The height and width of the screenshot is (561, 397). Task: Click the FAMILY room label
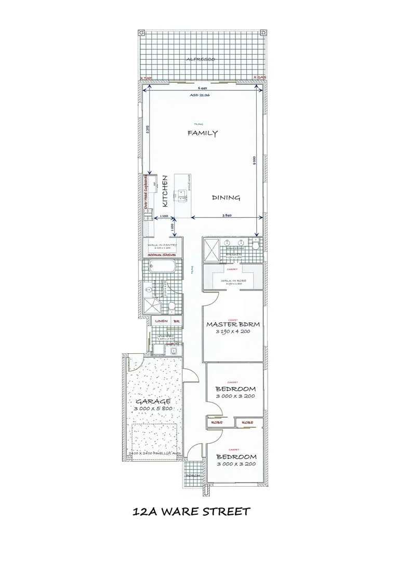(203, 133)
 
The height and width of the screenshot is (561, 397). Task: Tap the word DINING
(226, 197)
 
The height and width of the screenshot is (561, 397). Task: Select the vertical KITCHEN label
(166, 191)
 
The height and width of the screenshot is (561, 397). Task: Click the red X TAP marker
(146, 78)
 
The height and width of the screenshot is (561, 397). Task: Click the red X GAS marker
(259, 77)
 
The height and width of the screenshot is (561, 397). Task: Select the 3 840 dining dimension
(227, 216)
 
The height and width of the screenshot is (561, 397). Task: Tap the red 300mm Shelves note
(163, 256)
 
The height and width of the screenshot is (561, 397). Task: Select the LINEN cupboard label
(161, 322)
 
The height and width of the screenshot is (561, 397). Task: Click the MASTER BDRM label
(233, 325)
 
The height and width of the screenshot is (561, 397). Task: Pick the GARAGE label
(153, 402)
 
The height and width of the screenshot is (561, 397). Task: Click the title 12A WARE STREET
(192, 512)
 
